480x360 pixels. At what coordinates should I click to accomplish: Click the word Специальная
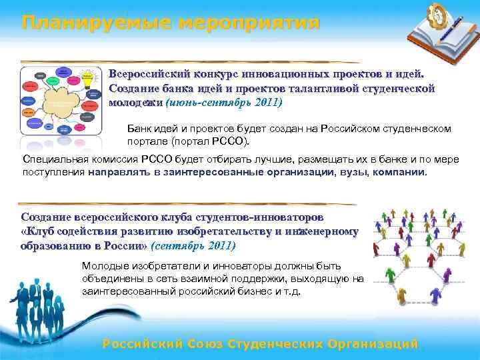(51, 159)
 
